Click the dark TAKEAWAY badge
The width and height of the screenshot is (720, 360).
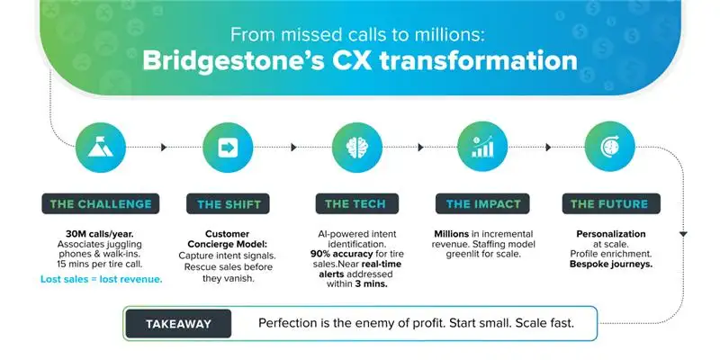[x=176, y=322]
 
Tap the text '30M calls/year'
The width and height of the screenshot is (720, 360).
[x=95, y=234]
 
